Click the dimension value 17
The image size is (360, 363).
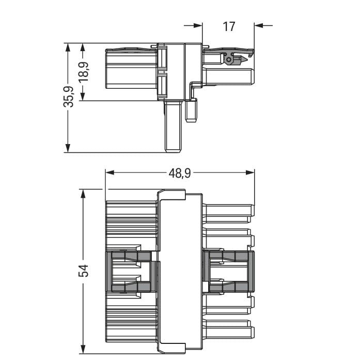click(229, 26)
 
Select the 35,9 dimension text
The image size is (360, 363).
click(69, 97)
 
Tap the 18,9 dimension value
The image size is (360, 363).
click(83, 72)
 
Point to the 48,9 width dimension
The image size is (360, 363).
click(180, 173)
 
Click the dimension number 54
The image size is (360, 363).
click(83, 271)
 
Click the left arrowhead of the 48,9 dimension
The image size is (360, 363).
click(109, 172)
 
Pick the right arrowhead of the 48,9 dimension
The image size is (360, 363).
click(250, 172)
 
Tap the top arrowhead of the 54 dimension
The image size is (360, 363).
click(83, 194)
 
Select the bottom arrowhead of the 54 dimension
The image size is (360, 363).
click(83, 350)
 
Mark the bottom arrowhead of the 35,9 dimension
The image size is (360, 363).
click(68, 148)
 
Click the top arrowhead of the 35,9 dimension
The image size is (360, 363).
click(68, 48)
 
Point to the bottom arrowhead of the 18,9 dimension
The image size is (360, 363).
click(83, 97)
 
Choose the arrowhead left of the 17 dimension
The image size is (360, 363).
click(198, 25)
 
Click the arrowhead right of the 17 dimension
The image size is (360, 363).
click(259, 25)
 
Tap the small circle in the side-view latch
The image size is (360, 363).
click(229, 60)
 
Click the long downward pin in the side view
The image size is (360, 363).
click(173, 127)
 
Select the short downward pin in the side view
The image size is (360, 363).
click(192, 110)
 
